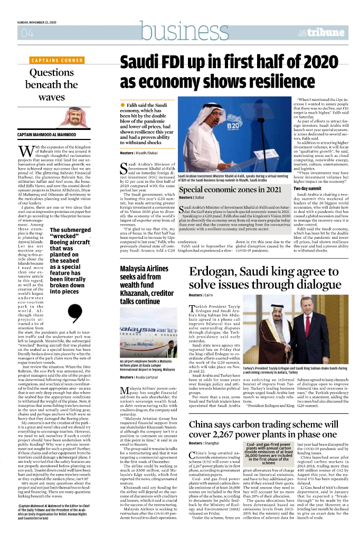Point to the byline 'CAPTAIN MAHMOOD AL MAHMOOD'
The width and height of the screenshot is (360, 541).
click(x=47, y=136)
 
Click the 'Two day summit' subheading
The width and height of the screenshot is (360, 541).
click(x=307, y=189)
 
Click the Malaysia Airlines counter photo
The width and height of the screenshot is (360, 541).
click(x=146, y=328)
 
